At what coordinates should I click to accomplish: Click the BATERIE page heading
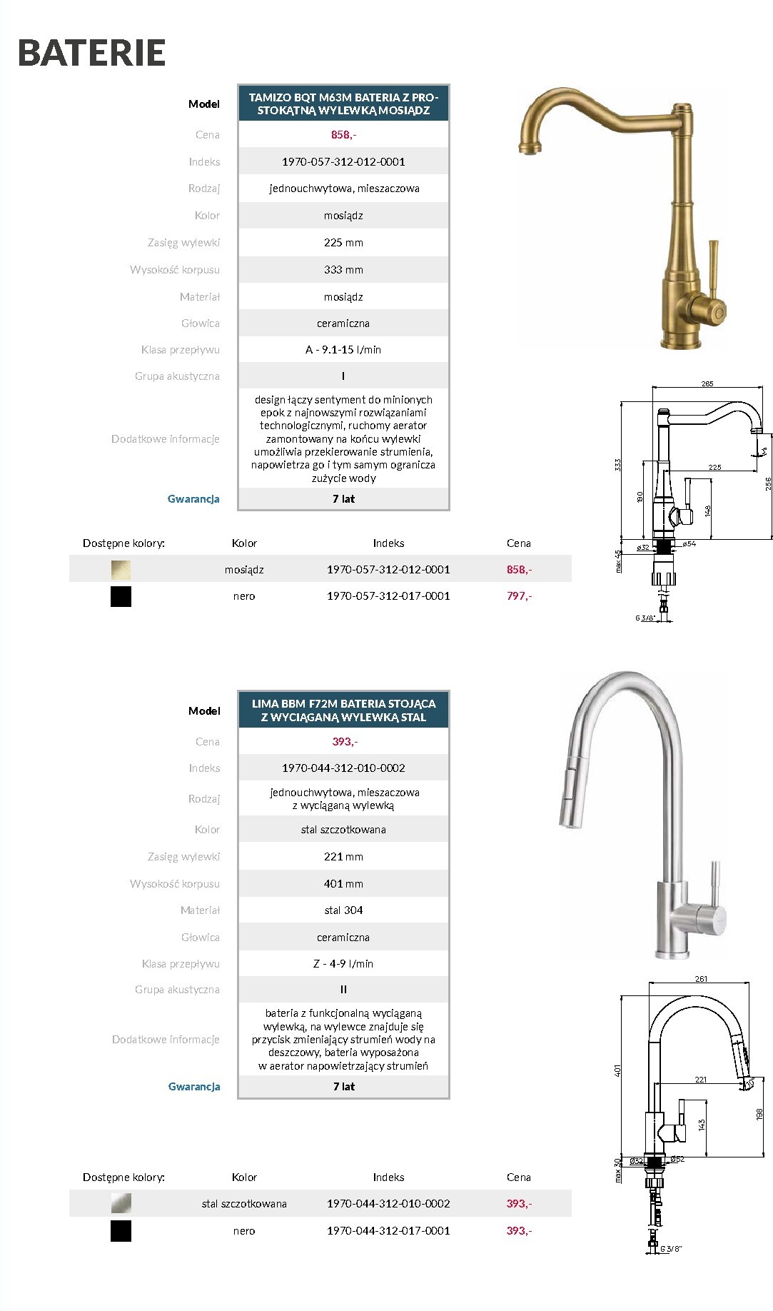tap(91, 53)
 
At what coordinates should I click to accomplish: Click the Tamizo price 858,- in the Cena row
tap(343, 135)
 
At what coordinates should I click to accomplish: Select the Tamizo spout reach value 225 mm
tap(343, 243)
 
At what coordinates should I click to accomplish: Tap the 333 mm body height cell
tap(343, 270)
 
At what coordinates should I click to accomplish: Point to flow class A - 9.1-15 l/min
tap(343, 350)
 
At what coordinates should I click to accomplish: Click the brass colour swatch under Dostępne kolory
tap(121, 570)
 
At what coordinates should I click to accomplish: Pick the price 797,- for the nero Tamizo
tap(519, 596)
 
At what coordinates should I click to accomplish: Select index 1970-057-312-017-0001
tap(388, 596)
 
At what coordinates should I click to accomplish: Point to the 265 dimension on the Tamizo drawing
tap(707, 384)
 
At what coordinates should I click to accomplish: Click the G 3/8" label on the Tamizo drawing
tap(645, 618)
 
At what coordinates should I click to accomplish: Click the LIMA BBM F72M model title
tap(343, 710)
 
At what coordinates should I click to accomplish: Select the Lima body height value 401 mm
tap(343, 884)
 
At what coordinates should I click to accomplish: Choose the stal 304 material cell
tap(343, 910)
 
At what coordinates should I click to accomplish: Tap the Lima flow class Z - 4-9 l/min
tap(343, 964)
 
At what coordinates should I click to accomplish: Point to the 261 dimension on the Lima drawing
tap(701, 979)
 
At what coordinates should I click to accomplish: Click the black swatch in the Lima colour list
tap(121, 1231)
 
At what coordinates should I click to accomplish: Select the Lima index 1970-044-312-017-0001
tap(388, 1231)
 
